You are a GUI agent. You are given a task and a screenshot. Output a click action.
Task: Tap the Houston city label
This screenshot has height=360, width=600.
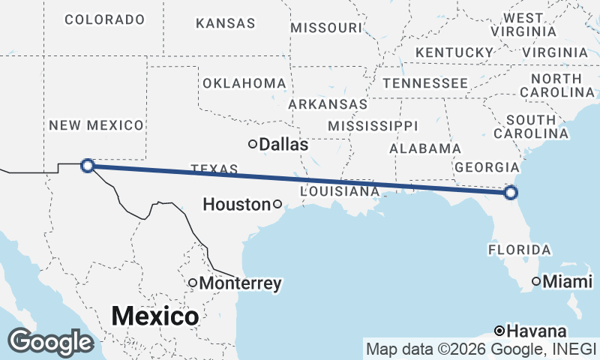click(x=237, y=204)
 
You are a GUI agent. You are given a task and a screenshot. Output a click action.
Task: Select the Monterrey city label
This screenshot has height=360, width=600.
click(x=240, y=283)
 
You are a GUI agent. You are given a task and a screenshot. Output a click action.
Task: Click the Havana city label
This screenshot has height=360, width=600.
click(x=536, y=331)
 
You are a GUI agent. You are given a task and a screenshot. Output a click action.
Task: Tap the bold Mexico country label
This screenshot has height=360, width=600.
click(x=155, y=316)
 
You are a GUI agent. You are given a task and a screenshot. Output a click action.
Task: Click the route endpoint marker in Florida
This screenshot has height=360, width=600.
click(x=511, y=193)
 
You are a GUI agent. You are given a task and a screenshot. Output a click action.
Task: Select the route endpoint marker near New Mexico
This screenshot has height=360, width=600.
click(x=87, y=166)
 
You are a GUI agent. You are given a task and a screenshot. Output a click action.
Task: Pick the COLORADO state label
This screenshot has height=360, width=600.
click(x=104, y=19)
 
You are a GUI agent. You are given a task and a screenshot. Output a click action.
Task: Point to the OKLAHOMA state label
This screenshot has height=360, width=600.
click(x=244, y=83)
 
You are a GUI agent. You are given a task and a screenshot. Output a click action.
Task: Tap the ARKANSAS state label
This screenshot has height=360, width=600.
click(x=328, y=104)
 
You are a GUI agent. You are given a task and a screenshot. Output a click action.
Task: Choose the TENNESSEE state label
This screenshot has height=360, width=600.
click(x=424, y=82)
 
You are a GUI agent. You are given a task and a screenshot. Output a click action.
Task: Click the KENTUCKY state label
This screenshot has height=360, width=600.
click(x=453, y=52)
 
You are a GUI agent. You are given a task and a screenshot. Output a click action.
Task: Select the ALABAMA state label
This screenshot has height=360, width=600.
click(x=425, y=148)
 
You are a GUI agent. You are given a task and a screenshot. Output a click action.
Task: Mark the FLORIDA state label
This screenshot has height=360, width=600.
click(x=520, y=249)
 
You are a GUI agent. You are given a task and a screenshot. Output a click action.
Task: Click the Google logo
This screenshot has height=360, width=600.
click(x=50, y=342)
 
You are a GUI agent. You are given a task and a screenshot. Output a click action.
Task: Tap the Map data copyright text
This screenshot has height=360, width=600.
click(x=481, y=349)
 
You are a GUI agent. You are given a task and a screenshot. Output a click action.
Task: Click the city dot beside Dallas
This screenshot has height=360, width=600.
click(x=253, y=144)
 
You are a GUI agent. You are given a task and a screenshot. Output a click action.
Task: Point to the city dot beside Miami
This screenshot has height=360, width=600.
click(x=536, y=281)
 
